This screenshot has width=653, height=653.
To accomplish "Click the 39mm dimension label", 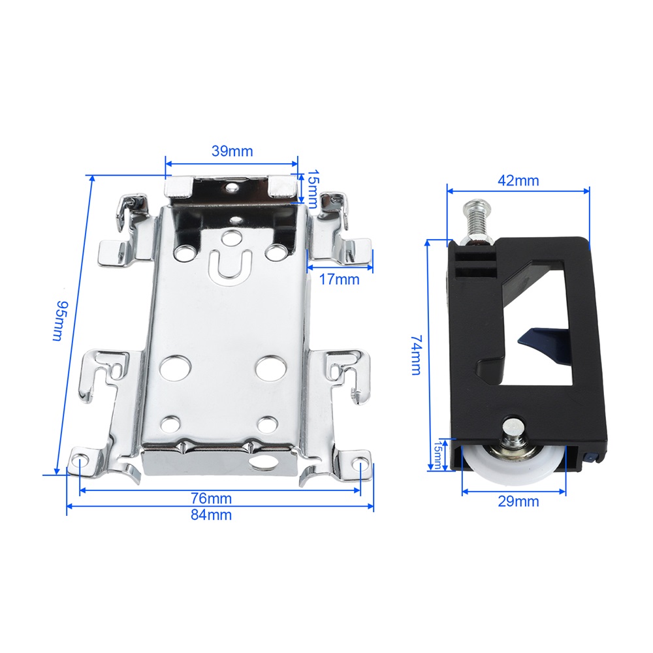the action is pyautogui.click(x=232, y=151).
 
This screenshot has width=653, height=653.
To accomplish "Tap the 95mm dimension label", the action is pyautogui.click(x=60, y=321).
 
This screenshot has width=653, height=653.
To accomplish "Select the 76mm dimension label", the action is pyautogui.click(x=211, y=498).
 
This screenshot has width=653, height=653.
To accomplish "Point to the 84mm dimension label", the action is pyautogui.click(x=211, y=515).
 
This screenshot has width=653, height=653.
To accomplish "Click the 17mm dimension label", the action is pyautogui.click(x=339, y=279).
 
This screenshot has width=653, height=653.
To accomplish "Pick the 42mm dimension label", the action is pyautogui.click(x=518, y=181).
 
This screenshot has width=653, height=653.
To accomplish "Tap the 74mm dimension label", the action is pyautogui.click(x=417, y=355).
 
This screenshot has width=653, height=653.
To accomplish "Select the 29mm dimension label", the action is pyautogui.click(x=518, y=501).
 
